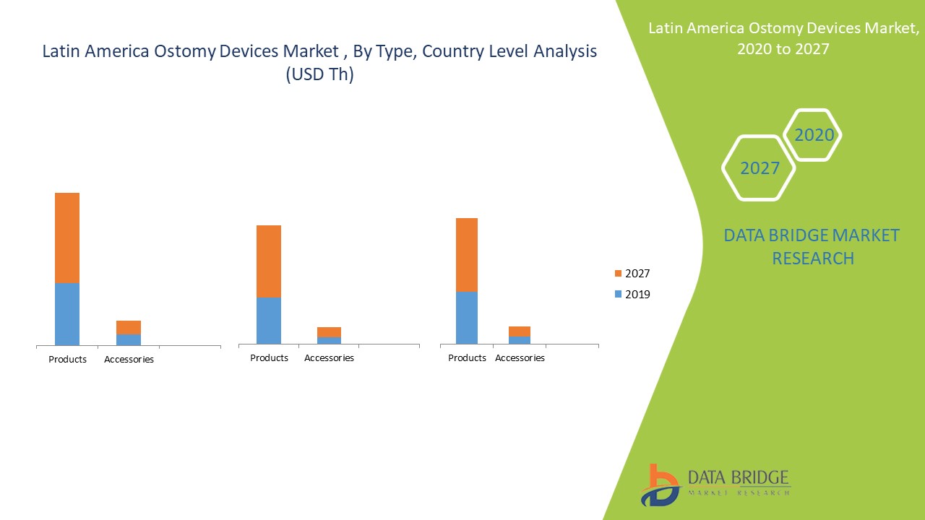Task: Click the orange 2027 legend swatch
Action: click(x=617, y=273)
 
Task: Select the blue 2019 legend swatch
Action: click(x=617, y=294)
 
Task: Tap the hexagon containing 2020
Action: click(x=814, y=135)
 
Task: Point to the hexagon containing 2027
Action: click(x=760, y=168)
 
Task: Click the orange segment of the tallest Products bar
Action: click(x=67, y=238)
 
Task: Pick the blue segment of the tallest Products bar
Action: click(x=67, y=314)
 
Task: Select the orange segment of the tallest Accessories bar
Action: click(x=129, y=327)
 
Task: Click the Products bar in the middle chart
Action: click(x=269, y=285)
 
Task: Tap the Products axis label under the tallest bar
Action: click(x=67, y=359)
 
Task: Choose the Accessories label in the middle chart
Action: click(x=329, y=357)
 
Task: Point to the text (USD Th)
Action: click(x=320, y=74)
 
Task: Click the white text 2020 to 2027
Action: click(x=783, y=49)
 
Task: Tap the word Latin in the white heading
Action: click(x=666, y=28)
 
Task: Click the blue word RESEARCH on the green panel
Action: click(x=813, y=258)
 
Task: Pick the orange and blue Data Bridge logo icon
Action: click(x=659, y=485)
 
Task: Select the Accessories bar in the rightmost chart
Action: click(x=520, y=335)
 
